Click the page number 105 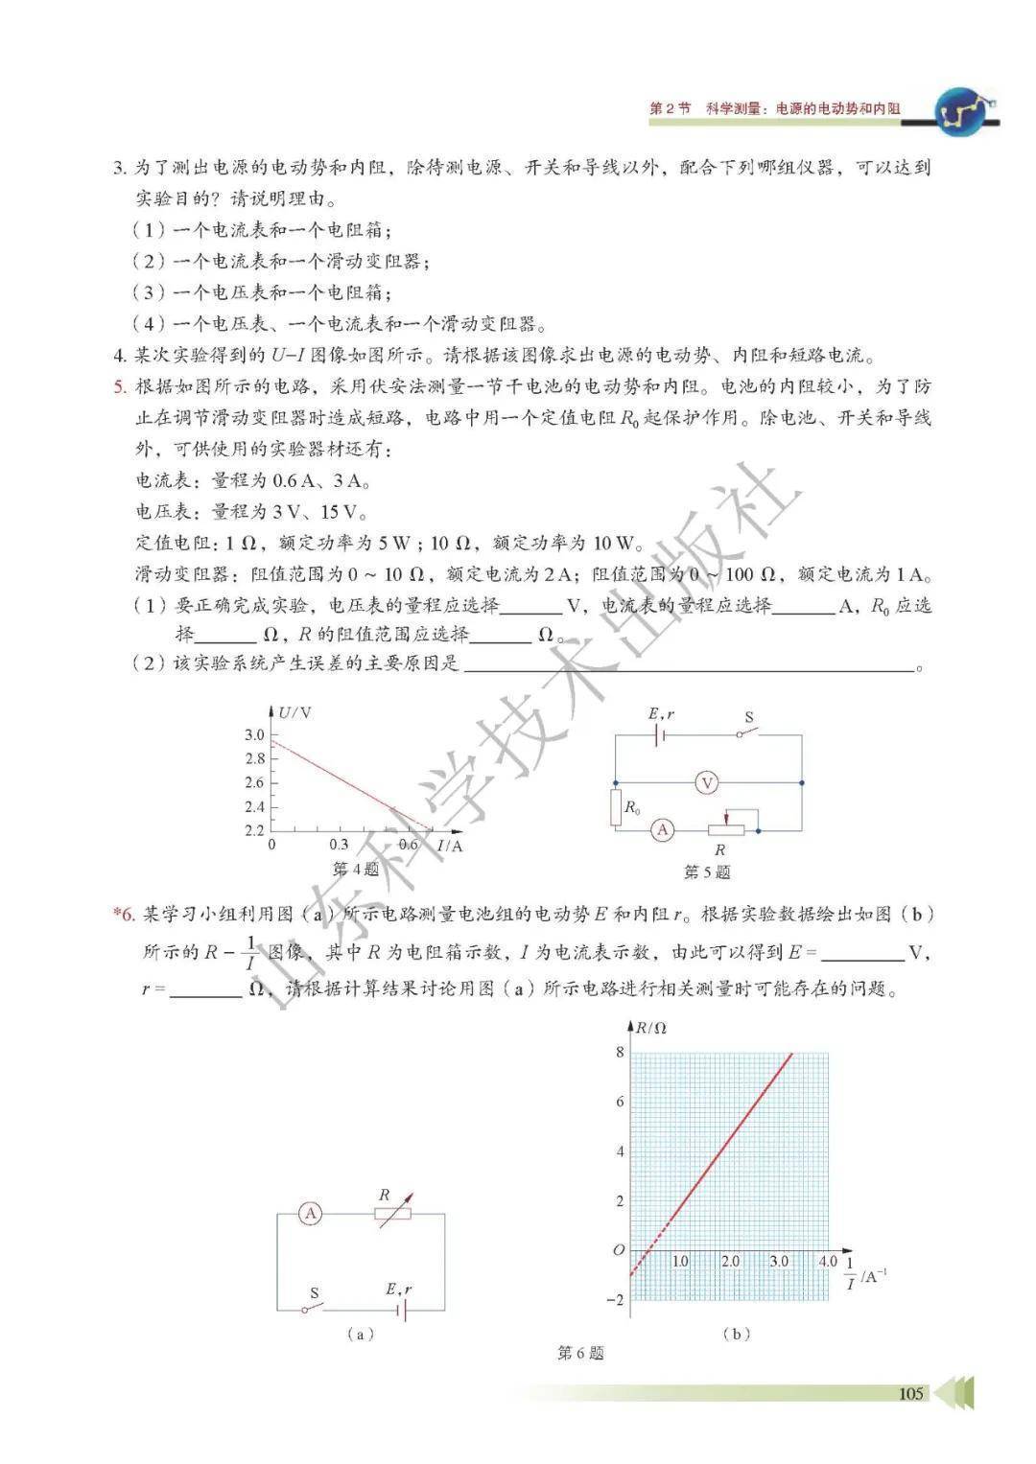click(911, 1393)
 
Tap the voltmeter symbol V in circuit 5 click(707, 783)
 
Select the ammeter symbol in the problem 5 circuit click(662, 830)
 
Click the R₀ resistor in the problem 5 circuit click(616, 807)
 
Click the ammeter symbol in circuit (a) click(310, 1214)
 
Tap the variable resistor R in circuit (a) click(392, 1214)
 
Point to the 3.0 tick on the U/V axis click(254, 734)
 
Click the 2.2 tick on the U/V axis click(254, 830)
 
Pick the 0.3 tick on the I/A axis click(339, 846)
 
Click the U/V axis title click(294, 712)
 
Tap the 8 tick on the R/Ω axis click(620, 1052)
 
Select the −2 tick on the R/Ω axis click(616, 1300)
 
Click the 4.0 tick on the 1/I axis click(828, 1262)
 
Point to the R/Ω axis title click(651, 1028)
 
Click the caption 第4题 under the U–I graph click(355, 870)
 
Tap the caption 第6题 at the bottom click(580, 1354)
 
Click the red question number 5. click(120, 387)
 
